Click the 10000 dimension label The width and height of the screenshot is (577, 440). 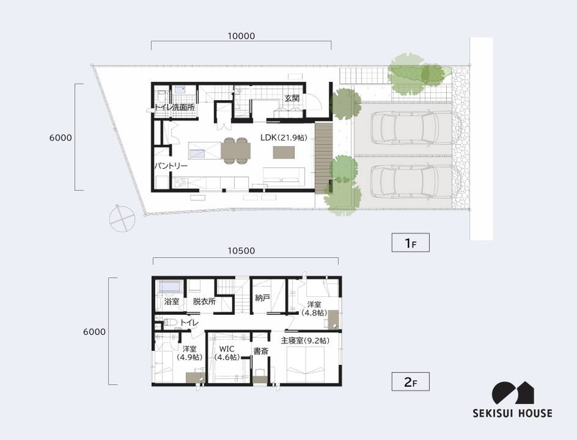tap(241, 36)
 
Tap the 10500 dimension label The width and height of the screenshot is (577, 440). tap(241, 251)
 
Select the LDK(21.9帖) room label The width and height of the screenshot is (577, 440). tap(283, 138)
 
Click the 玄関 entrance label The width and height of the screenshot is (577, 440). tap(292, 98)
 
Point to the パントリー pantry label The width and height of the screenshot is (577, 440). tap(171, 165)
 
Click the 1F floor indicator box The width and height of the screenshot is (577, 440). tap(410, 242)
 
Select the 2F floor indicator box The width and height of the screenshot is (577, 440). tap(410, 382)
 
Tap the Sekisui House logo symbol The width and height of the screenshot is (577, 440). tap(513, 393)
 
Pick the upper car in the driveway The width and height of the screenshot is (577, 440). tap(409, 128)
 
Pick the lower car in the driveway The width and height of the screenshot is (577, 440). tap(409, 182)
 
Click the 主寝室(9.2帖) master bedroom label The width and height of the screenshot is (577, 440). tap(305, 341)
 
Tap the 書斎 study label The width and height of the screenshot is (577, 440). tap(260, 351)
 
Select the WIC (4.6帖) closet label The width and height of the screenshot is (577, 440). tap(227, 353)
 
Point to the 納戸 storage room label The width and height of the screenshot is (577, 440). tap(262, 298)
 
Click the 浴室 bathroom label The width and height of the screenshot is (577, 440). tap(171, 301)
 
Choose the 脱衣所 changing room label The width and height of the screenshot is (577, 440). tap(205, 301)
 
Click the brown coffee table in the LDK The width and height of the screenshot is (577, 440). tap(284, 153)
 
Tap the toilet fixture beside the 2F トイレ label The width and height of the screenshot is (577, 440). tap(170, 323)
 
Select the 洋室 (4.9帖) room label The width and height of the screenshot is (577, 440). tap(190, 353)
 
